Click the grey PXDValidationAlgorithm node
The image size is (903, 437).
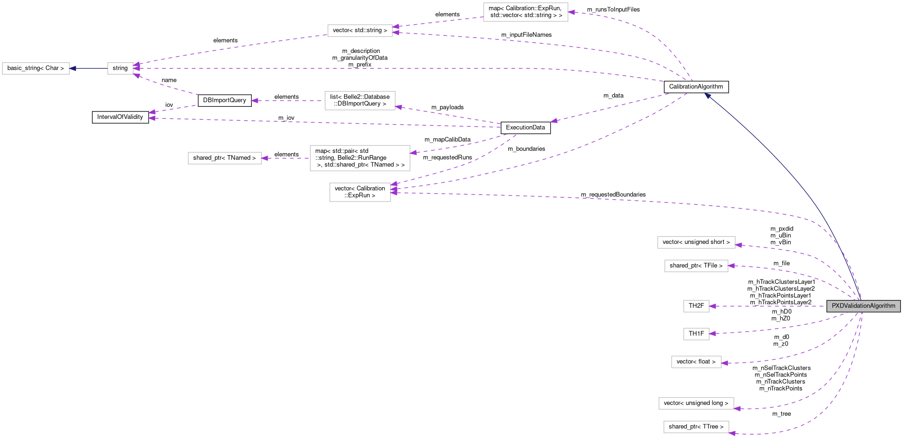(x=863, y=306)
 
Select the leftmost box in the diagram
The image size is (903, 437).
(x=36, y=69)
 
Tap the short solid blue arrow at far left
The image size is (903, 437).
(x=88, y=69)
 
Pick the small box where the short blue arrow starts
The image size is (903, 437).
(x=120, y=69)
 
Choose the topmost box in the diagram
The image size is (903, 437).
(x=525, y=12)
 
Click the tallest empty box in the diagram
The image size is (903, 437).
(x=360, y=158)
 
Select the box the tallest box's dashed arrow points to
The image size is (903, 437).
(x=224, y=158)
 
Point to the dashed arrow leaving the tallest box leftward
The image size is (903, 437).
(x=286, y=158)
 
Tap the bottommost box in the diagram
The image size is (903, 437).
(x=696, y=427)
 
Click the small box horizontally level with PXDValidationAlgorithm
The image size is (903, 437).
(x=696, y=307)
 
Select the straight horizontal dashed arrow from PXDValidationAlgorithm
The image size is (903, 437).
(x=766, y=306)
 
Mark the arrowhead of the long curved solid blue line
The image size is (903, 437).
(x=707, y=96)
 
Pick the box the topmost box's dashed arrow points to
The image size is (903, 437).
(x=360, y=31)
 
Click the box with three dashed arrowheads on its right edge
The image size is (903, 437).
(x=360, y=192)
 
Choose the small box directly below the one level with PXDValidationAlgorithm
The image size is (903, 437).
(x=696, y=334)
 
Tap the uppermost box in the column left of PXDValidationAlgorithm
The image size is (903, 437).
(x=696, y=242)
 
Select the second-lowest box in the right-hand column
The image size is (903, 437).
(x=696, y=404)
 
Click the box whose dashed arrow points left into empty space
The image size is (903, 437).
(x=360, y=101)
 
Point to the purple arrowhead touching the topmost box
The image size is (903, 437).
(x=572, y=13)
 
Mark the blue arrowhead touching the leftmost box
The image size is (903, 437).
(x=72, y=69)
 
